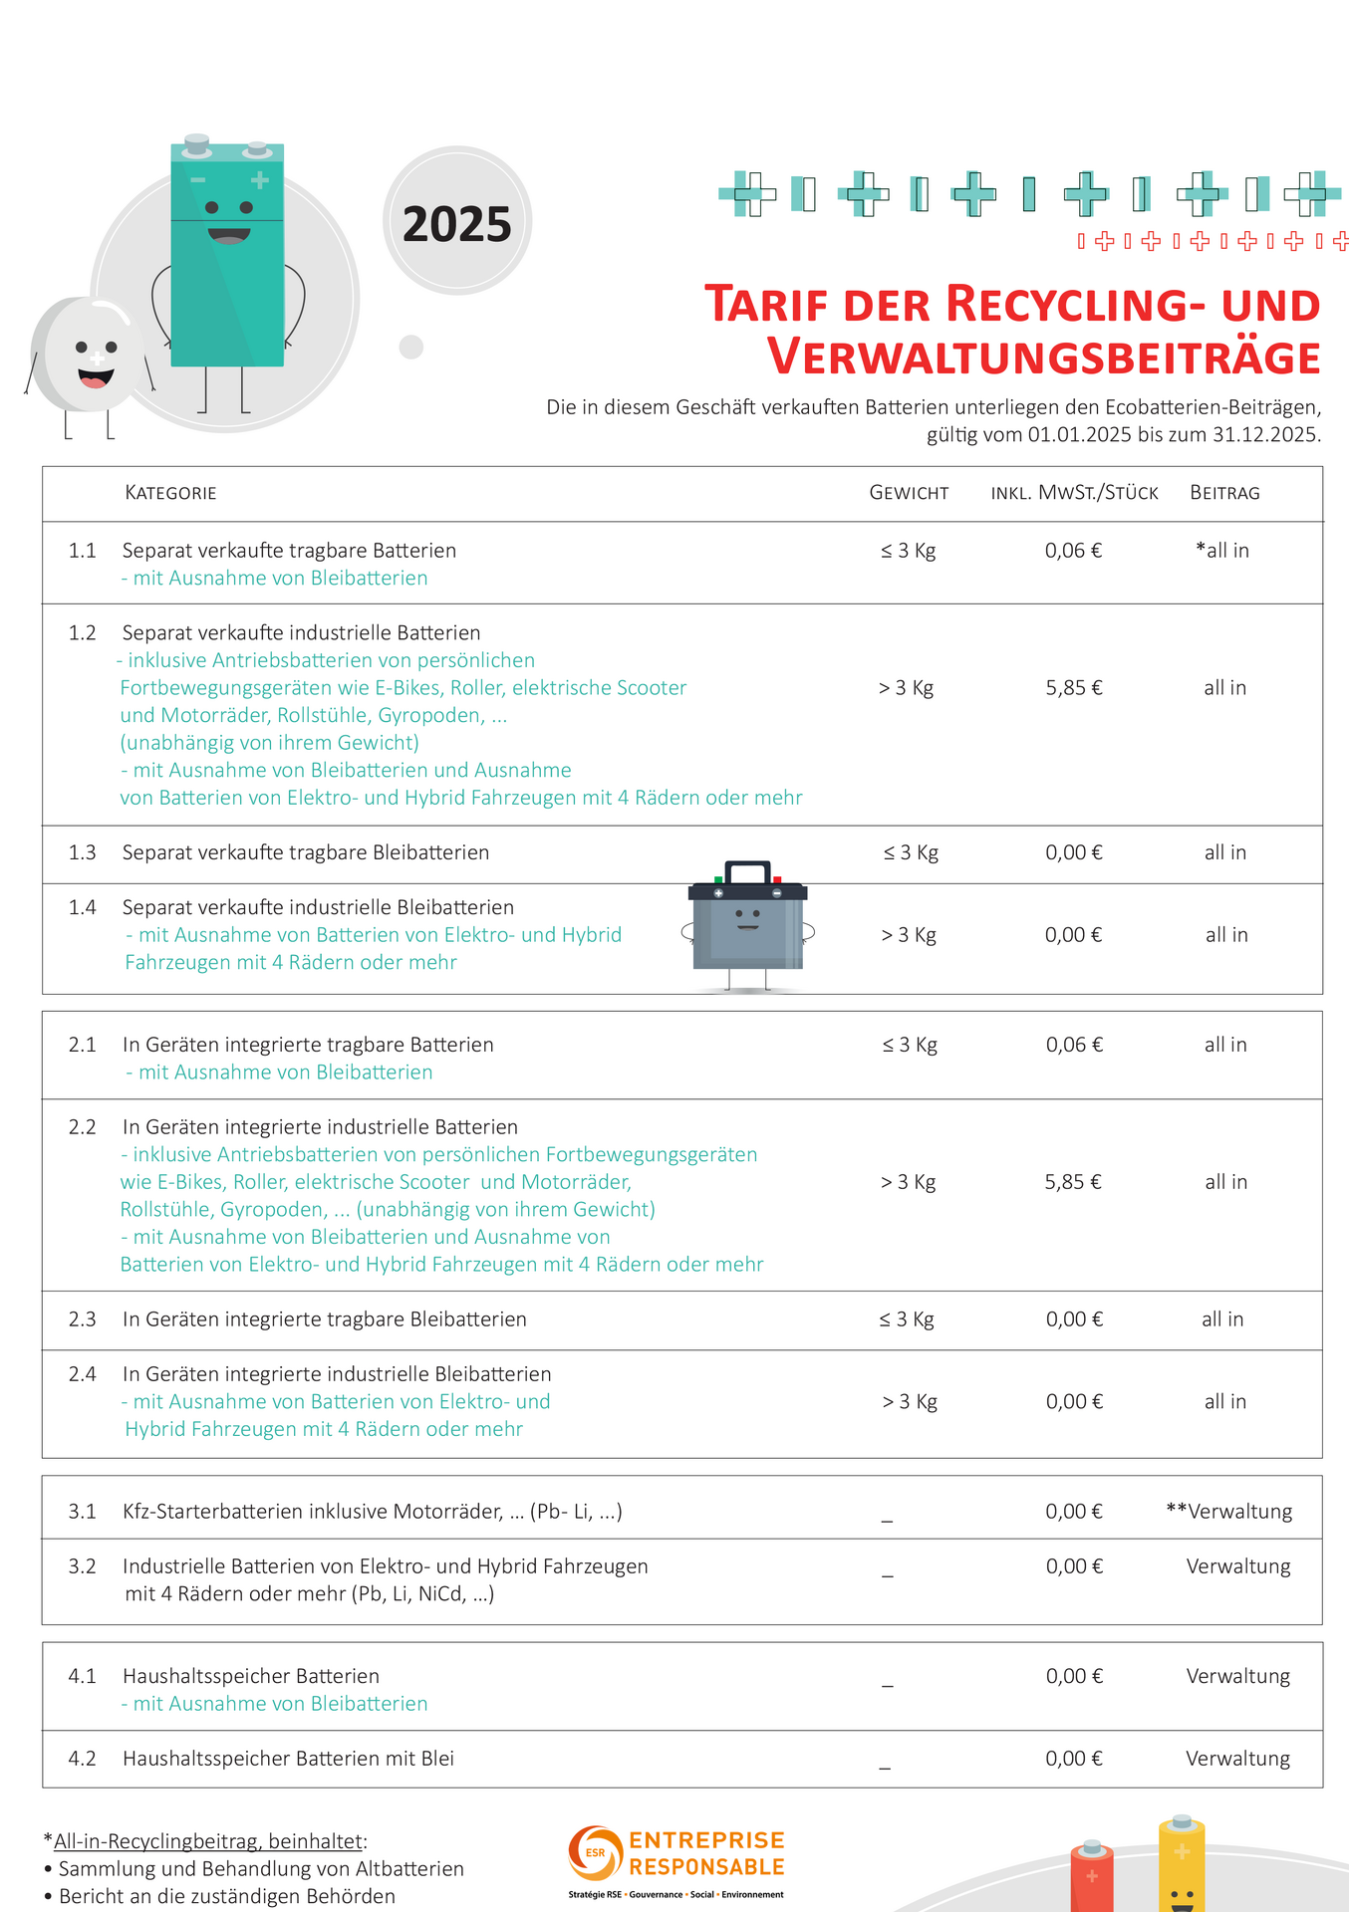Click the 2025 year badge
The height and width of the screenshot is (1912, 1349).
tap(457, 223)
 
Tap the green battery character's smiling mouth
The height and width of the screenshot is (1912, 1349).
tap(228, 236)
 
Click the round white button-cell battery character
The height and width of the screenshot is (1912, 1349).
tap(88, 356)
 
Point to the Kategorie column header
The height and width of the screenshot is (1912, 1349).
tap(170, 493)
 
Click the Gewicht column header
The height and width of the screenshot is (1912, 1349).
tap(909, 493)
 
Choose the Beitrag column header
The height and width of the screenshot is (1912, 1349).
tap(1224, 493)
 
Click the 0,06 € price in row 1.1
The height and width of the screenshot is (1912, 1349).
tap(1073, 551)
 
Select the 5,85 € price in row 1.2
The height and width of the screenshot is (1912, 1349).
tap(1073, 688)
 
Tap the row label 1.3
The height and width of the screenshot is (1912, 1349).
tap(82, 852)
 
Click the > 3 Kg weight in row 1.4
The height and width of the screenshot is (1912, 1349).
tap(909, 935)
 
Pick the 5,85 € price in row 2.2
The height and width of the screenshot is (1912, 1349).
tap(1073, 1182)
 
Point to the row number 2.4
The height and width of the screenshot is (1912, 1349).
tap(82, 1374)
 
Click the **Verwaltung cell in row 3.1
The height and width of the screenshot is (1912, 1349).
tap(1228, 1512)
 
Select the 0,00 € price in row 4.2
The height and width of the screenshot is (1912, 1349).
tap(1073, 1759)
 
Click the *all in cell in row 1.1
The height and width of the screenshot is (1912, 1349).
tap(1222, 551)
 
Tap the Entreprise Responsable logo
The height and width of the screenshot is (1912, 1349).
tap(676, 1860)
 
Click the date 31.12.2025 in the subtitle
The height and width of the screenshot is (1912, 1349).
tap(1264, 435)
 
